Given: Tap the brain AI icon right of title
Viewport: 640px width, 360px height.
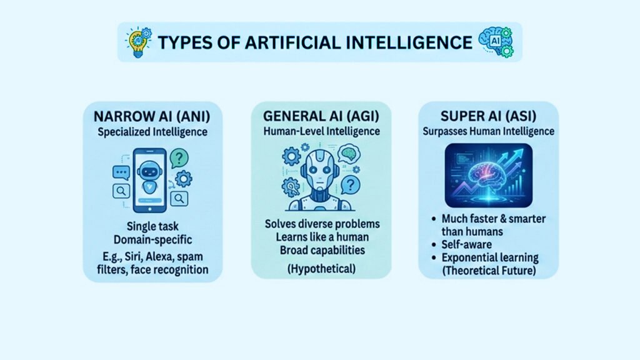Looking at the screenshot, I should (494, 41).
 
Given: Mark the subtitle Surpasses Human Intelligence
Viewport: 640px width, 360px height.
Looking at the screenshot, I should (488, 132).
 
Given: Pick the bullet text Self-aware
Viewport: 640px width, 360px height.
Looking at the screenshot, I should (468, 245).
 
